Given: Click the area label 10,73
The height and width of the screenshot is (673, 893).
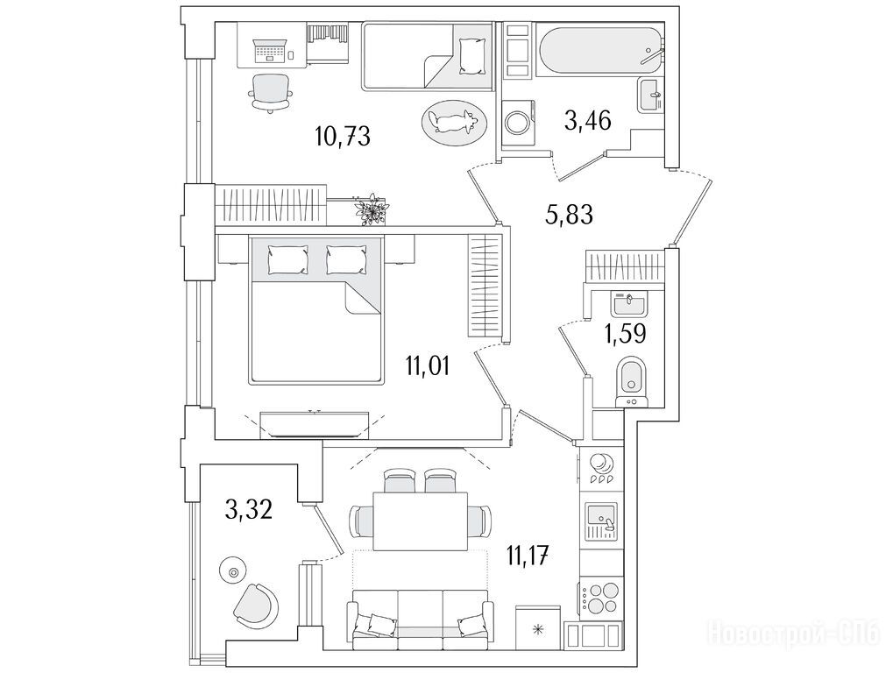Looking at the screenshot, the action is [343, 136].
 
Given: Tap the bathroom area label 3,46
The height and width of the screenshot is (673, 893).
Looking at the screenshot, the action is [588, 120].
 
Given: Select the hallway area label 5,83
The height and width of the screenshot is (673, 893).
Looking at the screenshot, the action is [569, 215].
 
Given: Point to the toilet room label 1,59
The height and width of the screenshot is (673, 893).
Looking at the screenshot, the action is [625, 334].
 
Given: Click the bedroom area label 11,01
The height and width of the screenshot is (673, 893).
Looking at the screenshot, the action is [427, 365].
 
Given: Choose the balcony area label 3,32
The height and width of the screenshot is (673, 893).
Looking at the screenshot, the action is [249, 510].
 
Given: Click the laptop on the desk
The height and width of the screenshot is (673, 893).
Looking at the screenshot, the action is [270, 50].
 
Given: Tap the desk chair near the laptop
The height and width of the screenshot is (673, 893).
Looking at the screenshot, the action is [271, 93].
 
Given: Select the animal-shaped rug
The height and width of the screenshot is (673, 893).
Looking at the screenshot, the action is [455, 121].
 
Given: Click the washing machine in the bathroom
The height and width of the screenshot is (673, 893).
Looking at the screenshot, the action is [519, 121].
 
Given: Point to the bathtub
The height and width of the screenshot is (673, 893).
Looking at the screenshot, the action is [601, 50].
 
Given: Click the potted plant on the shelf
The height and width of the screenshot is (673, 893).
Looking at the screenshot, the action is [372, 209].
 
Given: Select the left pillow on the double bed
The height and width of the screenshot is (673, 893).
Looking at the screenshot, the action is [287, 259].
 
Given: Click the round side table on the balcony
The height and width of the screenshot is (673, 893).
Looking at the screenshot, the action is [233, 571].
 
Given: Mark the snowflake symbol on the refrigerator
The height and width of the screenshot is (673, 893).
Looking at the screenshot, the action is [537, 629].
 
